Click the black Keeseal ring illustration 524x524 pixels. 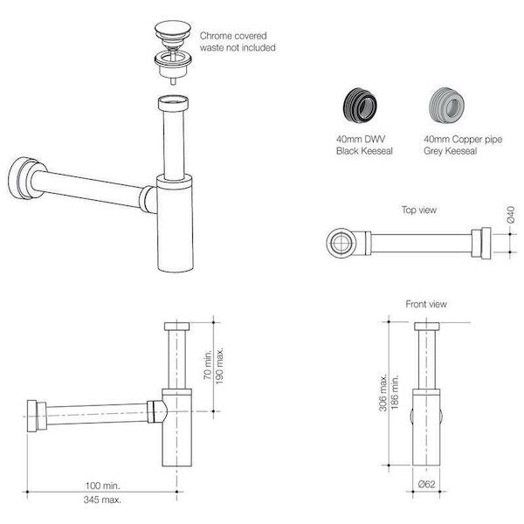click(360, 106)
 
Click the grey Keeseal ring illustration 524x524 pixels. click(446, 106)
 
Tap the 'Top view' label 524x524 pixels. click(419, 210)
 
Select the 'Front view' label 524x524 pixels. click(426, 304)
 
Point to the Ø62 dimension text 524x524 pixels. click(427, 484)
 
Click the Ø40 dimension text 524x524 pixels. click(511, 215)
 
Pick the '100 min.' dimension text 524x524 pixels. click(102, 486)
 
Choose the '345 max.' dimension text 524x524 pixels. click(102, 500)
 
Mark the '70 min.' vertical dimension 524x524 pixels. click(208, 364)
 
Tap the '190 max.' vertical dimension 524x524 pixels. click(219, 366)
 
